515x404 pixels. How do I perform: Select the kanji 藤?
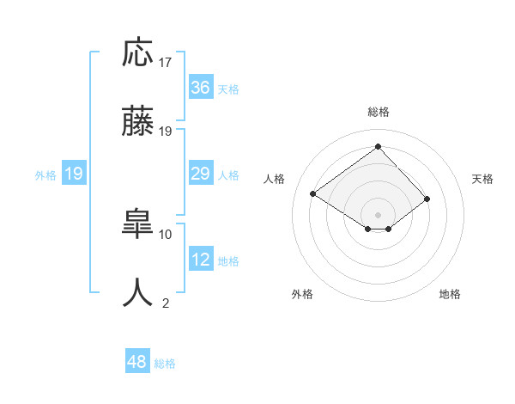click(x=138, y=123)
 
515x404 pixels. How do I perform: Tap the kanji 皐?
click(x=138, y=225)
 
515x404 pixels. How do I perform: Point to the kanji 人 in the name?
click(x=138, y=293)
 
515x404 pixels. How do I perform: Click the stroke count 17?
click(x=166, y=63)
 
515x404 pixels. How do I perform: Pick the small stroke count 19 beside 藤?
click(x=166, y=132)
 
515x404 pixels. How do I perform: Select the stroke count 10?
click(x=166, y=234)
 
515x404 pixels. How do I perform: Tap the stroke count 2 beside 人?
click(x=166, y=303)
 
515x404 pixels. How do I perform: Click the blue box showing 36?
click(x=201, y=88)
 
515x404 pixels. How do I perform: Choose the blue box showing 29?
click(x=201, y=174)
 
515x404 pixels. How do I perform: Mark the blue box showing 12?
click(x=201, y=260)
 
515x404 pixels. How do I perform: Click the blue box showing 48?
click(x=137, y=363)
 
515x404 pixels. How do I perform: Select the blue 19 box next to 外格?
click(x=74, y=174)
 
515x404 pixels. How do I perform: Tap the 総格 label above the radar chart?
click(x=378, y=112)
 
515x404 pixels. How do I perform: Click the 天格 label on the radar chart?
click(x=482, y=179)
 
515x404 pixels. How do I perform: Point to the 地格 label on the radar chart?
click(x=450, y=294)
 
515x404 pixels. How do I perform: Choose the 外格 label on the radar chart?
click(x=302, y=294)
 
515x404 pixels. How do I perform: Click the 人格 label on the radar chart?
click(x=275, y=179)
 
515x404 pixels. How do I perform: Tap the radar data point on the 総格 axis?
click(x=378, y=146)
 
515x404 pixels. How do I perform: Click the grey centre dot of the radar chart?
click(x=378, y=214)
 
